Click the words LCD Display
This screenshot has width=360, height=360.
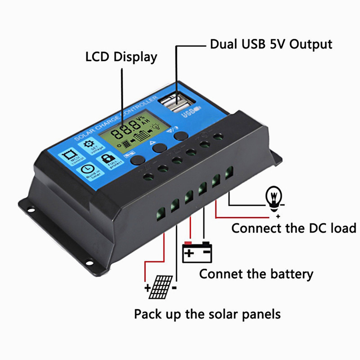point(121,57)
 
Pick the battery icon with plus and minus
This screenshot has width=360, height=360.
point(197,252)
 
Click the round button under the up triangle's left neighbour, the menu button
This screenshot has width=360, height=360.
point(136,159)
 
